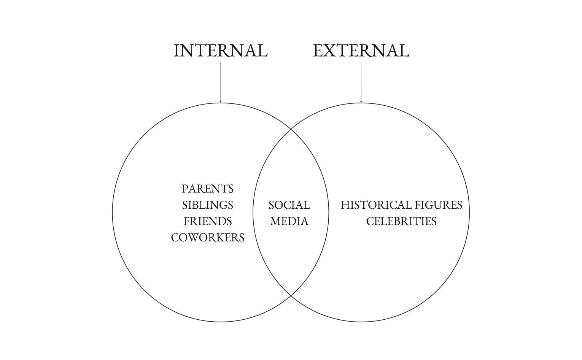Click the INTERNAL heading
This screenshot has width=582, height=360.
point(221,51)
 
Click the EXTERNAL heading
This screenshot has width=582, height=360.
point(361,51)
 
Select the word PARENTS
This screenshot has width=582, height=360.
point(208,189)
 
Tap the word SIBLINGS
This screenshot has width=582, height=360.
point(208,205)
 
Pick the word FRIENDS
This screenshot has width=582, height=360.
point(208,221)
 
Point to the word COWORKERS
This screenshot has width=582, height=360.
point(208,238)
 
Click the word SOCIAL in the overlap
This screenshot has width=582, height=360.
point(289,205)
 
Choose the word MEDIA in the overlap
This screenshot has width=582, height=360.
point(289,221)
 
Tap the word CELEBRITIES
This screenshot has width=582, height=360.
point(401,221)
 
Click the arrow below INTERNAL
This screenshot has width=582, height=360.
point(221,82)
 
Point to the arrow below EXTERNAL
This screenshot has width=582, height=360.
point(361,82)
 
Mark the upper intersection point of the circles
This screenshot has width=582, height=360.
point(291,129)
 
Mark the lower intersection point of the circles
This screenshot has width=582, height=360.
point(291,295)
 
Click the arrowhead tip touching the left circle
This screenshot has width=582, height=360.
point(221,102)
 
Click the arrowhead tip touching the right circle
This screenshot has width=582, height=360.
point(361,102)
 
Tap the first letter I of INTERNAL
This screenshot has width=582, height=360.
point(177,51)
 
